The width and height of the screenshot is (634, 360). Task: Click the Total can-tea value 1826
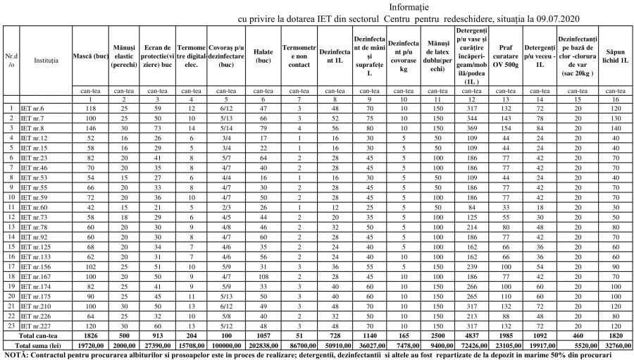89,337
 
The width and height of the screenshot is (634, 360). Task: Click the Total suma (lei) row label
37,347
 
